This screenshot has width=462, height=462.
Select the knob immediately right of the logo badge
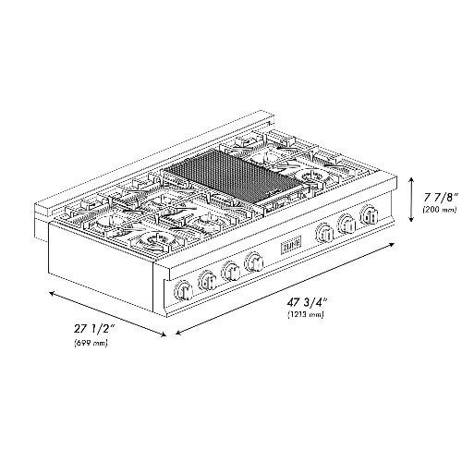tap(323, 233)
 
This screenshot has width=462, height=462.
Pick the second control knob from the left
tap(206, 279)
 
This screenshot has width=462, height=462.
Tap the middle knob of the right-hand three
tap(348, 225)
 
